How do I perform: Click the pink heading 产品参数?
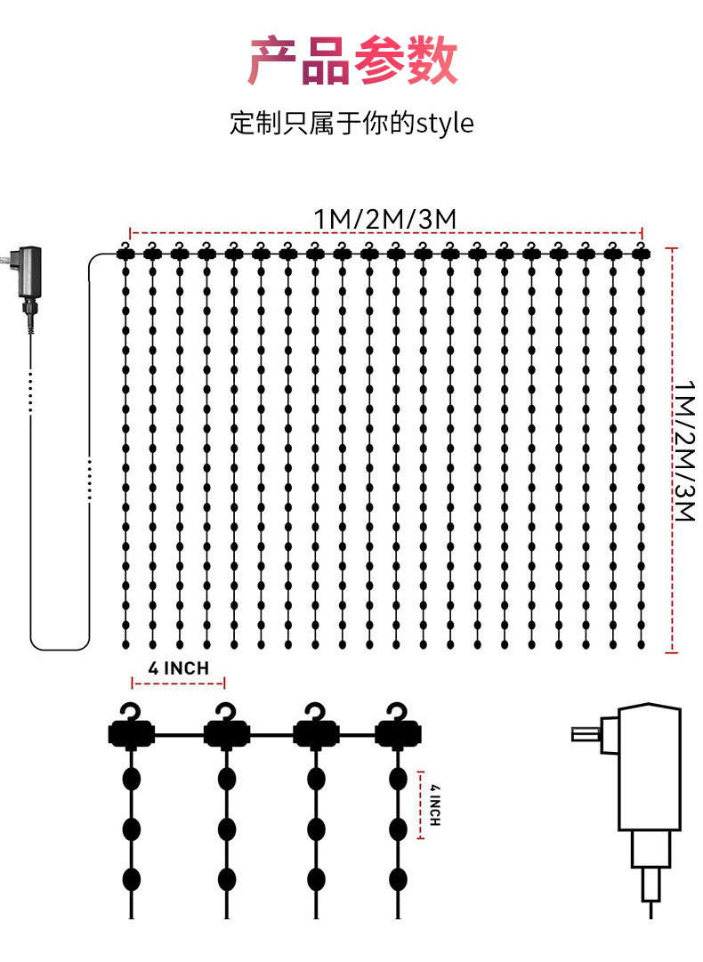click(x=352, y=61)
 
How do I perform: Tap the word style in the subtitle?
click(x=445, y=123)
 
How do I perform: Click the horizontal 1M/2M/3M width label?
click(x=385, y=217)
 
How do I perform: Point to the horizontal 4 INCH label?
click(x=179, y=667)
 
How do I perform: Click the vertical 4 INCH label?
click(x=434, y=805)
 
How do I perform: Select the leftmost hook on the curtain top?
click(x=126, y=247)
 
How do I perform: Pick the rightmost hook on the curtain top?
click(x=639, y=247)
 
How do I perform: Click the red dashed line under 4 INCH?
click(x=179, y=683)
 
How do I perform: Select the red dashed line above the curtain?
click(x=385, y=230)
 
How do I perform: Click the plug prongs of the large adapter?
click(x=585, y=734)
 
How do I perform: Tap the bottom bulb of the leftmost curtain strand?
click(x=125, y=643)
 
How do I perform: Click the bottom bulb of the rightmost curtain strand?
click(x=640, y=643)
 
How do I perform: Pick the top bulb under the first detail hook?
click(x=132, y=777)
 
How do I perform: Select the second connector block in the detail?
click(x=226, y=735)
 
